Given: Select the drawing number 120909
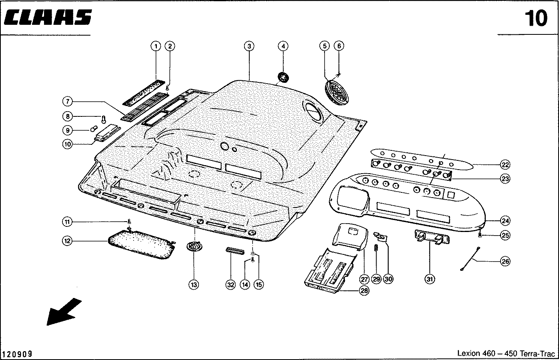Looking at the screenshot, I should pos(17,354).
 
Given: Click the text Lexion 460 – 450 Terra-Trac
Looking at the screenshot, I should pos(506,354).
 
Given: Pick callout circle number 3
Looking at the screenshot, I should pos(249,46).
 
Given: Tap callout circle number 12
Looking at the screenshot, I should pos(67,241).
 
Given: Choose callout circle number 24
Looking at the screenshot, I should pos(505,220).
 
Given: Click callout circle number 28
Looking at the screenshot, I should pos(364,291).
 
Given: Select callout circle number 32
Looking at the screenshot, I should pos(230,284).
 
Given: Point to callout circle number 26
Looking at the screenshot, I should pos(505,262).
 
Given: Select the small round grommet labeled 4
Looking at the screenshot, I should pos(284,76).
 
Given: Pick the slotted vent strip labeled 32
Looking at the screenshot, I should pos(235,250).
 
